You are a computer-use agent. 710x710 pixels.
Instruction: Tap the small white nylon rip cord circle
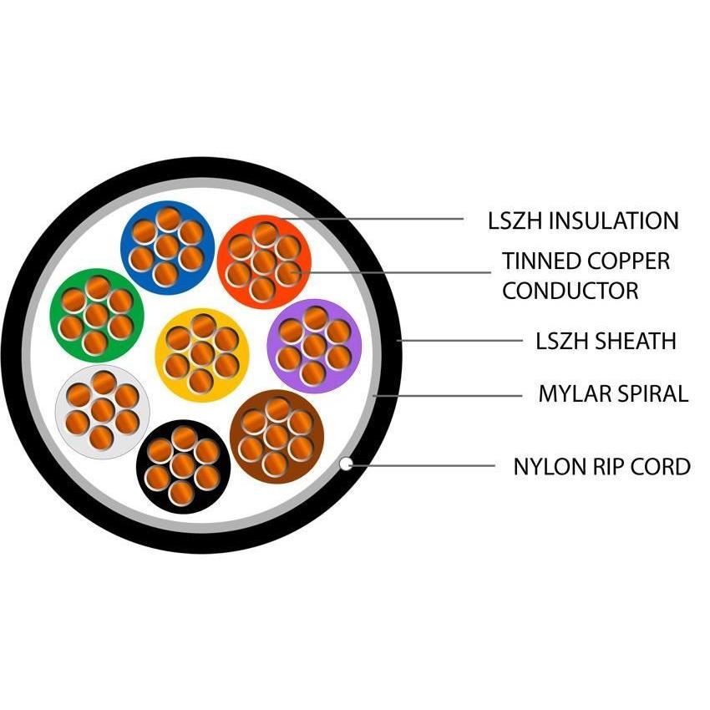point(346,464)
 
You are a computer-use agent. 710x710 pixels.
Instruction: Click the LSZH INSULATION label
point(583,221)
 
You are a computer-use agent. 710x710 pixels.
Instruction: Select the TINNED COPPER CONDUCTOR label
point(585,276)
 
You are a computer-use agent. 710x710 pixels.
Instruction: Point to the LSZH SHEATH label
point(606,341)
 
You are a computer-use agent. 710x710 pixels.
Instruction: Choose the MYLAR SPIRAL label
point(613,393)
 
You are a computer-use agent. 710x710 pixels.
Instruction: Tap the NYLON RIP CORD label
point(601,466)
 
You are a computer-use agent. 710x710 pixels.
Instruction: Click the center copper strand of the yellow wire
point(202,354)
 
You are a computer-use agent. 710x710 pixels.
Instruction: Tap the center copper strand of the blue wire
point(167,245)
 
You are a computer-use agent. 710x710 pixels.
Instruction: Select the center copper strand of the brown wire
point(276,436)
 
